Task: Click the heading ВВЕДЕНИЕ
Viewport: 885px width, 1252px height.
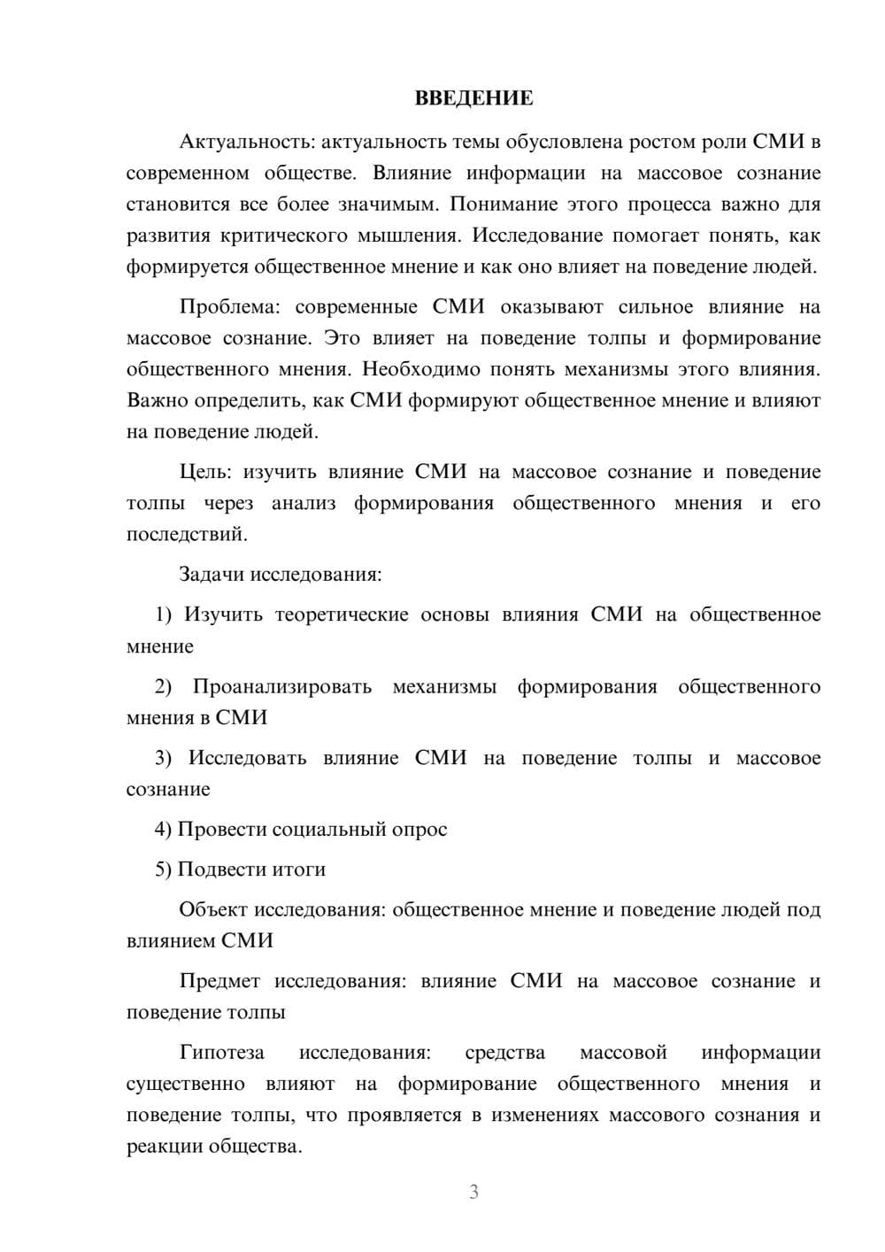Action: pyautogui.click(x=473, y=98)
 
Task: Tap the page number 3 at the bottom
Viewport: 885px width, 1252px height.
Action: pyautogui.click(x=473, y=1192)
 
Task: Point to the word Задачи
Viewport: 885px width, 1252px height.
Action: pyautogui.click(x=212, y=574)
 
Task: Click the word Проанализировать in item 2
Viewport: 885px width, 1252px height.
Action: pyautogui.click(x=281, y=687)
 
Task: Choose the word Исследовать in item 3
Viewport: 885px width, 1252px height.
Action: pyautogui.click(x=247, y=758)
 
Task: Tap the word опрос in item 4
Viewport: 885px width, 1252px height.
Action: pyautogui.click(x=419, y=830)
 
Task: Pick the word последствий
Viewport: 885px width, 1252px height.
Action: pyautogui.click(x=186, y=535)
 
